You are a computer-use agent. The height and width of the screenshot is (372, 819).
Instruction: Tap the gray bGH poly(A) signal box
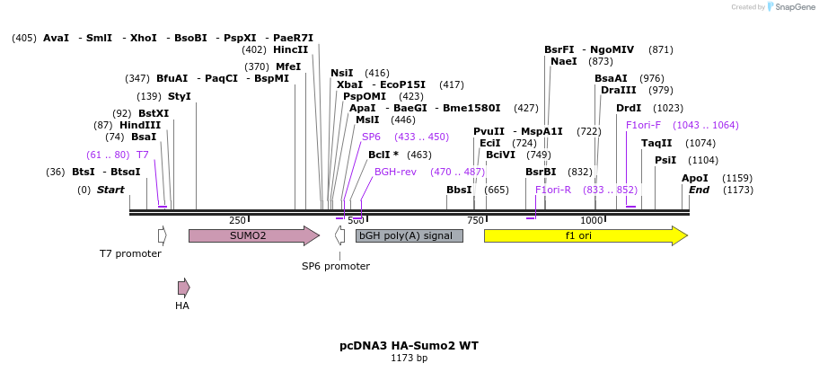point(409,235)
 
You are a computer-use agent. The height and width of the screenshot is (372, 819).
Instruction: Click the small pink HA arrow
point(183,288)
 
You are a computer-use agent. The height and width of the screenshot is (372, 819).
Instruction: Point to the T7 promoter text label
point(130,253)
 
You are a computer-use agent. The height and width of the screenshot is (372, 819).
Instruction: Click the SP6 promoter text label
point(335,266)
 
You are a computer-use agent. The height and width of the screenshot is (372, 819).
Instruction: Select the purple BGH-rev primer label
point(395,172)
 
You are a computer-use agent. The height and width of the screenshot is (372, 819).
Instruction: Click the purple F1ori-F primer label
point(643,125)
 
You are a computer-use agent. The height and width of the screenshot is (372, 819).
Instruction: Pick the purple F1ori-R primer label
point(553,190)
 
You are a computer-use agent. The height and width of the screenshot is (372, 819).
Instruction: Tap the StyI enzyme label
point(179,96)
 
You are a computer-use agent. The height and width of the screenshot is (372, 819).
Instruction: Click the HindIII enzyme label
point(140,125)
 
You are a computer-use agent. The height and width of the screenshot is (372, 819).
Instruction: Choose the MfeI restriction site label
point(287,66)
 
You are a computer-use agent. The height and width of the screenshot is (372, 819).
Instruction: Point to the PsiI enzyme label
point(665,160)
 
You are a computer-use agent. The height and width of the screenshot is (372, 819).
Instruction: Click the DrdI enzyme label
point(629,108)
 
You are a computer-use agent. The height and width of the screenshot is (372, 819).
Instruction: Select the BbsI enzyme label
point(459,190)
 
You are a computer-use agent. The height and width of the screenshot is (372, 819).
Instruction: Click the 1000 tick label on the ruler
point(591,221)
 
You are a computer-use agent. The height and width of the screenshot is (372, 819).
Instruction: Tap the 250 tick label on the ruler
point(237,221)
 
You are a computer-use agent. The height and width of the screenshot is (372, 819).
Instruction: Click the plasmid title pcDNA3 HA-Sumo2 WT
point(409,345)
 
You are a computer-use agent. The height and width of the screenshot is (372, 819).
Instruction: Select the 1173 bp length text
point(409,359)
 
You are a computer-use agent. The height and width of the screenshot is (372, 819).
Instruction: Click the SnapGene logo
point(790,7)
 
